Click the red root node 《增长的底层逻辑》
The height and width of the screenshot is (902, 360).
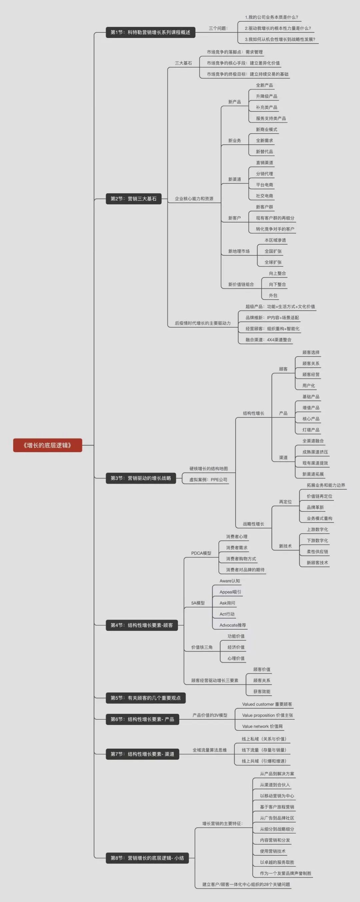(48, 445)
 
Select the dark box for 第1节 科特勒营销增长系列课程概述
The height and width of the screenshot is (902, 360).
(151, 32)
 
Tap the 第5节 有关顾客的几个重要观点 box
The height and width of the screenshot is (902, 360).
(146, 698)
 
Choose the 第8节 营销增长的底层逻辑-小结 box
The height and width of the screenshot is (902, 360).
(147, 858)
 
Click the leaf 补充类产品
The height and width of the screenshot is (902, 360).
(266, 107)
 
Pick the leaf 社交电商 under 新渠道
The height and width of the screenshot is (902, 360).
(264, 196)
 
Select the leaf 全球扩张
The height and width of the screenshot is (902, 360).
(273, 262)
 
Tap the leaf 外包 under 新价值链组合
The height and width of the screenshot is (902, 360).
(273, 296)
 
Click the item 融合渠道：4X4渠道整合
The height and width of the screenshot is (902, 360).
(268, 340)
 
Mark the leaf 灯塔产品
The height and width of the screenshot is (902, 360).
(311, 430)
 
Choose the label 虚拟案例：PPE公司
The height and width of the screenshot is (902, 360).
(208, 480)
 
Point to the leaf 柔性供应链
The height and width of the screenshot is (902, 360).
(318, 551)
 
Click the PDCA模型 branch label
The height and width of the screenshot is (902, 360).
(201, 553)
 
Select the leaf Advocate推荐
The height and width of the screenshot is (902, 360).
(233, 625)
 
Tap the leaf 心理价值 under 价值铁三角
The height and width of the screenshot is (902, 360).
(236, 658)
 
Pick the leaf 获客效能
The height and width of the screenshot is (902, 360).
(262, 691)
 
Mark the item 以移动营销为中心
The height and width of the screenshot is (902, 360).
(277, 796)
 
